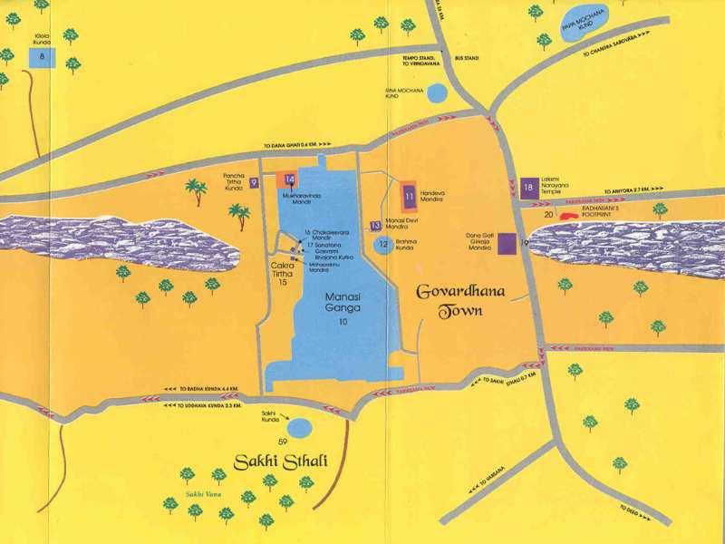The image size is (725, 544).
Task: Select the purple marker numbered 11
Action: click(410, 194)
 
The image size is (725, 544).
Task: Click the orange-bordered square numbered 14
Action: click(290, 180)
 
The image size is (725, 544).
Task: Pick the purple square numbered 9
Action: click(255, 182)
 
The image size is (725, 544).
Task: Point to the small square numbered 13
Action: click(375, 225)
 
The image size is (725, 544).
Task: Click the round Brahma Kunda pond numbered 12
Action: click(383, 243)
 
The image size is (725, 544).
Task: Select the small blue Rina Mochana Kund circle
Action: click(437, 92)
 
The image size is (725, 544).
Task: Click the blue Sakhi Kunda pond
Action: click(295, 426)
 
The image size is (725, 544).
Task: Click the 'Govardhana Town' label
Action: click(450, 301)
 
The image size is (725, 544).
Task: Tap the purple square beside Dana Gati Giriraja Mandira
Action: click(507, 242)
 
